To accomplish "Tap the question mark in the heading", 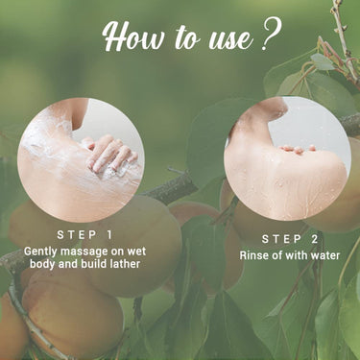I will point(270,37).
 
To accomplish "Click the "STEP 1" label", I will point(84,233).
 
